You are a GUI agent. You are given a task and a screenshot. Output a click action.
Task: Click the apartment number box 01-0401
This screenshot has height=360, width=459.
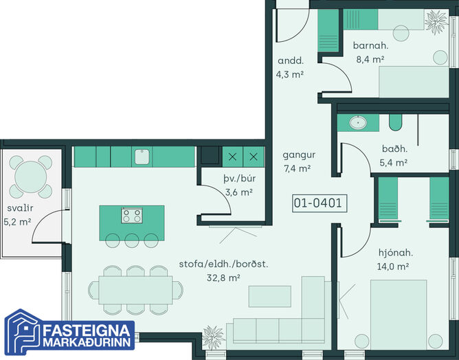[x=320, y=203]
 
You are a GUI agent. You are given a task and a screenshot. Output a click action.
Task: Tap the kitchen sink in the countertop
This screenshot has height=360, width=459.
[x=142, y=157]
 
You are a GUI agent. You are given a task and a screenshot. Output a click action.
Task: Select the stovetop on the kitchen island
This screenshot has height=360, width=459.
[x=132, y=216]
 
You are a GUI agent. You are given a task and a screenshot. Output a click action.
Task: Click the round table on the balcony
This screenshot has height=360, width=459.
[x=31, y=177]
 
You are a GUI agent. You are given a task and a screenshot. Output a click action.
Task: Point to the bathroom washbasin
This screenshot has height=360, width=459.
[x=358, y=122]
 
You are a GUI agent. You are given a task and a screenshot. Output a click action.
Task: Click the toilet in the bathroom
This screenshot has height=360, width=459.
[x=395, y=122]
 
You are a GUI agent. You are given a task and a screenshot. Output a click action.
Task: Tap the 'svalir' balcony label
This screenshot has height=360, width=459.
[x=20, y=208]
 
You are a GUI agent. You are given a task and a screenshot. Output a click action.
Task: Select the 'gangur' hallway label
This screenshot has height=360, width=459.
[x=299, y=155]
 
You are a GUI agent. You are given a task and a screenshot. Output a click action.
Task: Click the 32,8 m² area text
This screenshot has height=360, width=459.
[x=223, y=278]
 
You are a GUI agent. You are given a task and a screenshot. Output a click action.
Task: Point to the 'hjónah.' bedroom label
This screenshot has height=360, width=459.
[x=396, y=253]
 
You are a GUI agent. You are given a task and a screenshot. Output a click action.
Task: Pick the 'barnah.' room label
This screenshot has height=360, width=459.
[x=370, y=45]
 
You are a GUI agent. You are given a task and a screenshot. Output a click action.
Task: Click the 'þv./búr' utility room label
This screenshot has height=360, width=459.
[x=239, y=178]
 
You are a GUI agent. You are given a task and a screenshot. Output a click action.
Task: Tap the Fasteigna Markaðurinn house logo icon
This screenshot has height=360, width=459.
[x=23, y=331]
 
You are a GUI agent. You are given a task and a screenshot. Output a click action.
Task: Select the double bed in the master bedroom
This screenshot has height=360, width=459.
[x=399, y=315]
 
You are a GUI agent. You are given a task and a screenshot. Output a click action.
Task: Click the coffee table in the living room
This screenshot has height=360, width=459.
[x=270, y=296]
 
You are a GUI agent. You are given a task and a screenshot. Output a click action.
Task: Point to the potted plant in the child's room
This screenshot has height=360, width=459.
[x=436, y=22]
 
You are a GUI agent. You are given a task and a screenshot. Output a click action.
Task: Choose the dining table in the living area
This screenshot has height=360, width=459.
[x=135, y=290]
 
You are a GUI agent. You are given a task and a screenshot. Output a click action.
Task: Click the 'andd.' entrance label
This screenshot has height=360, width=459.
[x=291, y=60]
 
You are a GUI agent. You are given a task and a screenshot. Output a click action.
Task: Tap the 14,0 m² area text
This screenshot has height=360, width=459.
[x=393, y=267]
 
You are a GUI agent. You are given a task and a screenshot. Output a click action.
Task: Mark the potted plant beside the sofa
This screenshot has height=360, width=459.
[x=214, y=337]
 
